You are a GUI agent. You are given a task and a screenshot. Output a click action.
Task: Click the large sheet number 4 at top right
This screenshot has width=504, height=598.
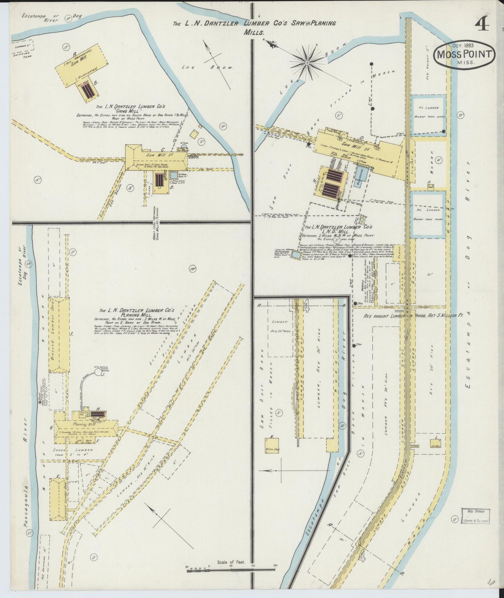point(481,25)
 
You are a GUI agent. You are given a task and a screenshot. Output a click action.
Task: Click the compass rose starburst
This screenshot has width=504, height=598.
point(308,63)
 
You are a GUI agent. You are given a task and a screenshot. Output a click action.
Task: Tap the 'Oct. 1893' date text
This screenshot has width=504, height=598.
point(464,45)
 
